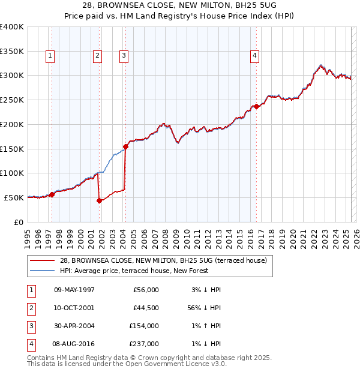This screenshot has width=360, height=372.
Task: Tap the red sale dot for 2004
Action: point(126,146)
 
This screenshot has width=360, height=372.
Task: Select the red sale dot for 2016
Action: point(256,106)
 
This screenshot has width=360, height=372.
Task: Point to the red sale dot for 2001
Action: point(99,201)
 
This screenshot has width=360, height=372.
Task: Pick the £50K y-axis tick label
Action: point(14,197)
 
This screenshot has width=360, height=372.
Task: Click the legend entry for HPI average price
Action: point(134,271)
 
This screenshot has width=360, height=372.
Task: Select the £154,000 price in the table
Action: point(145,326)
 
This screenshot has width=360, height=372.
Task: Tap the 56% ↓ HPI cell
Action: point(202,307)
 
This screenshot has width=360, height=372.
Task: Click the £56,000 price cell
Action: point(145,289)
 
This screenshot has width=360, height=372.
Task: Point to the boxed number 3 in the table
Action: point(30,326)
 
